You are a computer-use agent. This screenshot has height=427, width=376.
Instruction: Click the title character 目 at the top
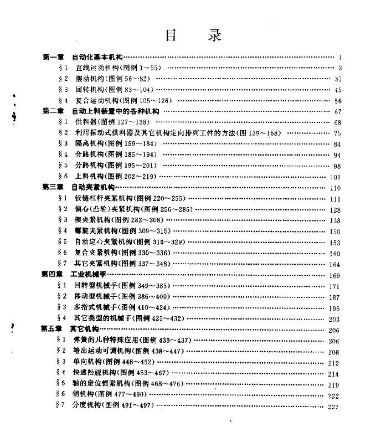(171, 35)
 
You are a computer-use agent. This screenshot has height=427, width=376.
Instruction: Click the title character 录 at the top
(212, 35)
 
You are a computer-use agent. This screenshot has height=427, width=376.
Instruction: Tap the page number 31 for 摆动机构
(338, 79)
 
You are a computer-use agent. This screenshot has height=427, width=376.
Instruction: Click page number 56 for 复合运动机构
(338, 101)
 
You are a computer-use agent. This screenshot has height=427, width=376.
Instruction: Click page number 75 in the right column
(338, 133)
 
